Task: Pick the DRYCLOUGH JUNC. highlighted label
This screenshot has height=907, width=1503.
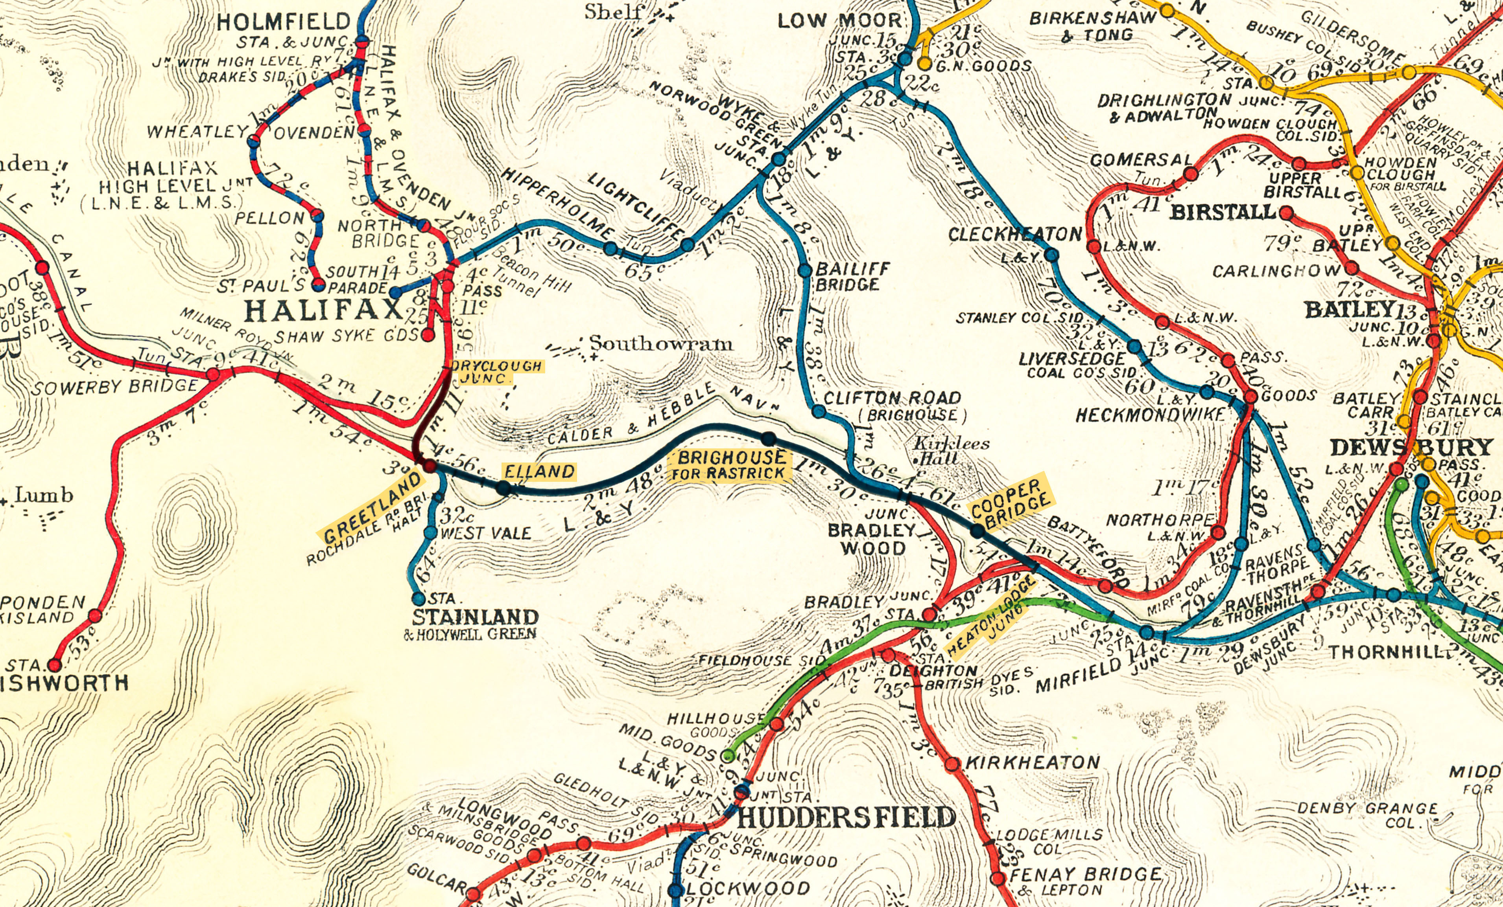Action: (x=495, y=372)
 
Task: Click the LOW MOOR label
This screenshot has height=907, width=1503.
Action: (x=839, y=21)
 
